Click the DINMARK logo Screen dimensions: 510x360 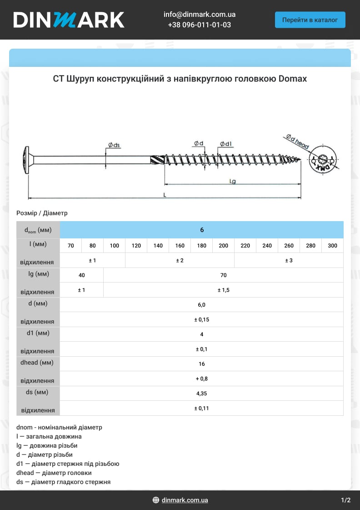(69, 20)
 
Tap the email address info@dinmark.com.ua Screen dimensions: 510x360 (199, 15)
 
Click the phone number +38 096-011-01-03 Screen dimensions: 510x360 (199, 25)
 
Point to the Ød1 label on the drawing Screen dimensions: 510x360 (226, 144)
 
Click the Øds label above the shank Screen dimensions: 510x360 (114, 145)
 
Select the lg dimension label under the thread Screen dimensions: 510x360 (232, 181)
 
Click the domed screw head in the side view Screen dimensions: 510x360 (26, 160)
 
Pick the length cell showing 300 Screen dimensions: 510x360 (332, 246)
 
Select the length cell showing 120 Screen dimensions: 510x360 (136, 246)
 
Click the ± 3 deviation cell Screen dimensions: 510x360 (289, 260)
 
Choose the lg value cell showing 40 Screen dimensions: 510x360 (81, 275)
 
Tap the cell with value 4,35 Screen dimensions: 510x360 (201, 394)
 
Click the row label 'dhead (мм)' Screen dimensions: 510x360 (37, 363)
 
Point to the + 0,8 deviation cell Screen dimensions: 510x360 (201, 379)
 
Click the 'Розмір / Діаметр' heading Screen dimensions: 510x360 (42, 213)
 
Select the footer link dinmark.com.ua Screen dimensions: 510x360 (185, 500)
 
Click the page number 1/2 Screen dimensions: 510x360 (345, 500)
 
